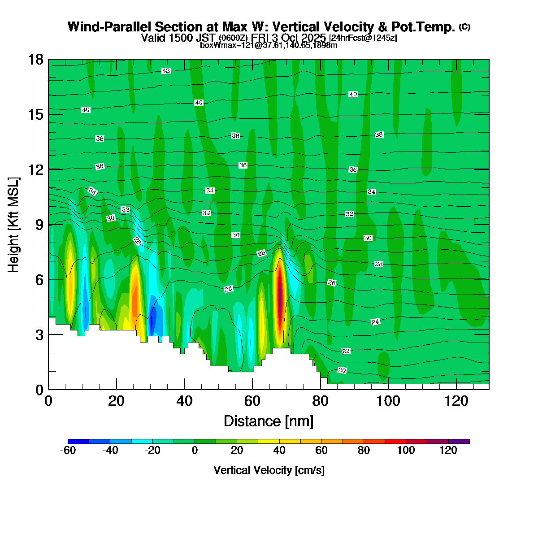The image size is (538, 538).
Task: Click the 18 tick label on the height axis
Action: point(36,59)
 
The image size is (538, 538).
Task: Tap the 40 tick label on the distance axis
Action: point(184,400)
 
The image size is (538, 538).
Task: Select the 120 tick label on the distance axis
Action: point(456,400)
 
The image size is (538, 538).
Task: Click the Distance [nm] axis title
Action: point(268,421)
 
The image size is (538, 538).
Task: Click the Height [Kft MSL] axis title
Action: point(14,224)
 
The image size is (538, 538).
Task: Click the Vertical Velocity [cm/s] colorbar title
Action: point(269,470)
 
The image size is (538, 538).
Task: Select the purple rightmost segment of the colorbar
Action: point(459,441)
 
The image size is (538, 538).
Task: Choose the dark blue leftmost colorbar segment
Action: point(78,441)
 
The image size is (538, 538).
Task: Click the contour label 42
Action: point(166,71)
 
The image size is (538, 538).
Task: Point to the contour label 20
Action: point(342,370)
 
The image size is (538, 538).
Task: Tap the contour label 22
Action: point(346,351)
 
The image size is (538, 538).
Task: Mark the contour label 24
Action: point(376,322)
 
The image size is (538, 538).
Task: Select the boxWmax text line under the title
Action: point(269,45)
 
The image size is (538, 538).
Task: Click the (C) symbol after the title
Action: point(464,27)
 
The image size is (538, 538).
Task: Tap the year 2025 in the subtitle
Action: point(314,38)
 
